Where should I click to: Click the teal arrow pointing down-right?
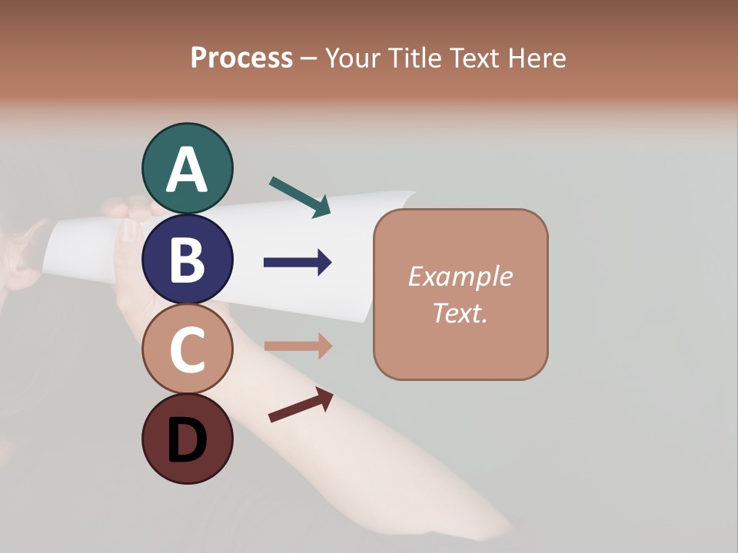[x=300, y=197]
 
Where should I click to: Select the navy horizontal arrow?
[x=298, y=263]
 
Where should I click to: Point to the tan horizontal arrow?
[x=298, y=346]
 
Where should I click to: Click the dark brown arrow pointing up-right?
[x=301, y=405]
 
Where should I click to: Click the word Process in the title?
[x=241, y=58]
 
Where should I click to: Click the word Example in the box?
[x=460, y=276]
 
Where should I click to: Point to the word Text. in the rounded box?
[x=460, y=313]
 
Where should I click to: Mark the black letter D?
[x=188, y=441]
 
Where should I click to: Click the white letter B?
[x=188, y=260]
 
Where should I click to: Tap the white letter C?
[x=188, y=350]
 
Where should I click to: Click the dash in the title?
[x=309, y=58]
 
